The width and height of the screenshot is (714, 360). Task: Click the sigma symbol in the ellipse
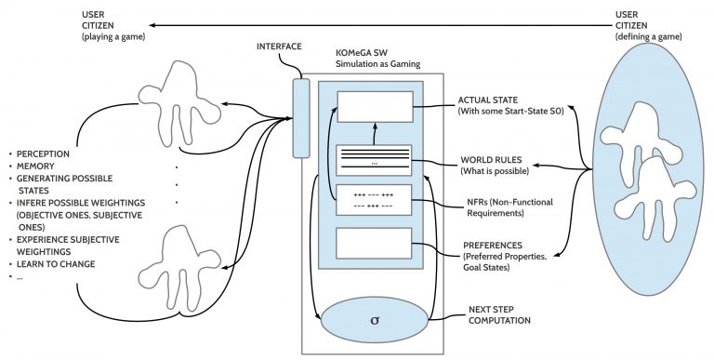pyautogui.click(x=372, y=320)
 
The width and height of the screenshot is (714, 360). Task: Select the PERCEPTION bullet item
pyautogui.click(x=43, y=151)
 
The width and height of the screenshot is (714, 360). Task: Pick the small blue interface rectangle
pyautogui.click(x=299, y=118)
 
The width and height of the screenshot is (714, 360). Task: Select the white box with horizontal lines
pyautogui.click(x=372, y=161)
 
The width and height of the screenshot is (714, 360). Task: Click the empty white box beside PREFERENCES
pyautogui.click(x=372, y=244)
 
